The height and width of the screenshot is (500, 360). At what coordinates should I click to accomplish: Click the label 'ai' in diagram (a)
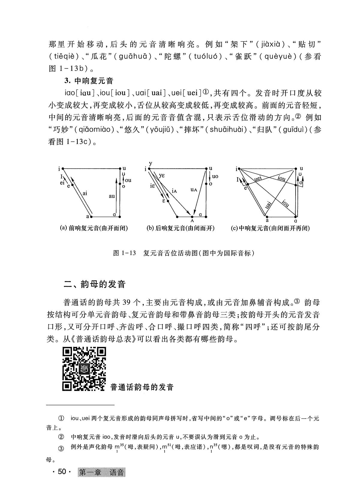85,193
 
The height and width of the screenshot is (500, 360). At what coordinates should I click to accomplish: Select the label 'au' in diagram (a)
112,196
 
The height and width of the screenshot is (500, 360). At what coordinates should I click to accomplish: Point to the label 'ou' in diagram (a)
128,180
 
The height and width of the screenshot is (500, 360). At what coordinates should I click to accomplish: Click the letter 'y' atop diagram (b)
150,163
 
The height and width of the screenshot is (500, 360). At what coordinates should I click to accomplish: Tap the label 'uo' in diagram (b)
215,176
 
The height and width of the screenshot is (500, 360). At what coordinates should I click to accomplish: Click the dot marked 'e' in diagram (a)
72,185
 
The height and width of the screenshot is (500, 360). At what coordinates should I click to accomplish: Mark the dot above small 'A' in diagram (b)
192,216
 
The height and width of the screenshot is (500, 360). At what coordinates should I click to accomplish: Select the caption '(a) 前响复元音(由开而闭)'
94,228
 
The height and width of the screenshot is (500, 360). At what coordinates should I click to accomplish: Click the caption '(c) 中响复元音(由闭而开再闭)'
270,228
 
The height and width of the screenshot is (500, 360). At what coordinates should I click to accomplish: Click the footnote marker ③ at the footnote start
61,449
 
